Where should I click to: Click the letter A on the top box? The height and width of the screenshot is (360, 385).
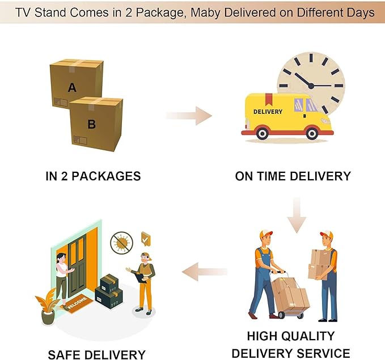click(72, 88)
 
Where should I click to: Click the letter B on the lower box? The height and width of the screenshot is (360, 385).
click(92, 124)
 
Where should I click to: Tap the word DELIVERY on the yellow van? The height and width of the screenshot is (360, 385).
click(268, 112)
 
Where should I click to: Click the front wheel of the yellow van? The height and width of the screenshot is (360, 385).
click(312, 134)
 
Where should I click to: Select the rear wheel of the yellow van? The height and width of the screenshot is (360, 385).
click(262, 134)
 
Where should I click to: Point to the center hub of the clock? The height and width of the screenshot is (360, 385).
click(311, 86)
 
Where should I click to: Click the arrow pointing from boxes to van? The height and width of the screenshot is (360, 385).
click(189, 116)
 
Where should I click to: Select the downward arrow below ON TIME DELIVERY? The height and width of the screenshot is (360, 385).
click(297, 215)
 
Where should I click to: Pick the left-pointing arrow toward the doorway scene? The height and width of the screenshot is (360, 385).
click(205, 272)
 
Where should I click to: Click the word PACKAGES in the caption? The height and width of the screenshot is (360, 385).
click(106, 176)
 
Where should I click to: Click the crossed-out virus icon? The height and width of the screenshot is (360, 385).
click(121, 243)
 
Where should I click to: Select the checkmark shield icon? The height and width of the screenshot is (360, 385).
click(146, 239)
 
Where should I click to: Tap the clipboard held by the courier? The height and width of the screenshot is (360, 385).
click(141, 278)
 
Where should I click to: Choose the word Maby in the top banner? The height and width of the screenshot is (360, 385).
click(205, 13)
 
